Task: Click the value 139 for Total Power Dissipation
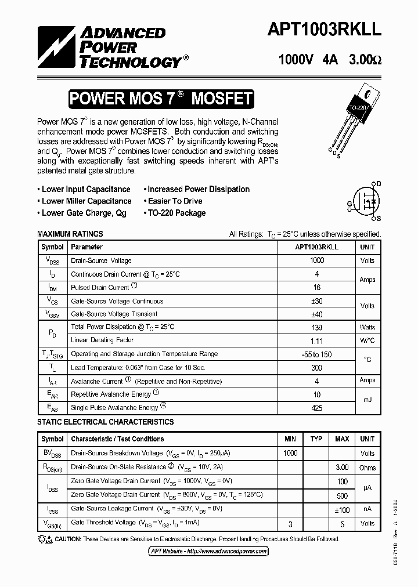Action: [317, 327]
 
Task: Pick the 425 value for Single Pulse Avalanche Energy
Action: [317, 407]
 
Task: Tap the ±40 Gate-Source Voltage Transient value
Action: [317, 314]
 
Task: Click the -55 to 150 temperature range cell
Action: [317, 354]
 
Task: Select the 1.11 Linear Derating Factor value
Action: [317, 341]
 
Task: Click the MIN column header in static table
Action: [290, 439]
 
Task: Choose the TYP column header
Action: [316, 439]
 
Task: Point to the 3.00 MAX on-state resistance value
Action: [342, 467]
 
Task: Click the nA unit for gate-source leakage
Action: [367, 509]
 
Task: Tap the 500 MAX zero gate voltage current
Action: [342, 495]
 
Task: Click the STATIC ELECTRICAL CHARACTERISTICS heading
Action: [106, 422]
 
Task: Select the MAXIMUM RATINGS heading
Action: [70, 234]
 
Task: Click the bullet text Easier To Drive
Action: [174, 201]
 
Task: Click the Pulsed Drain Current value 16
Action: [317, 288]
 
